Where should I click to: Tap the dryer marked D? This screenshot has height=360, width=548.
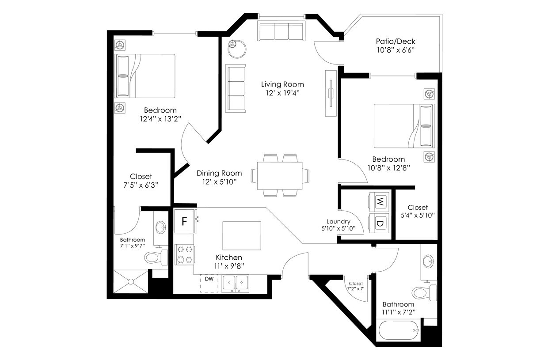[379, 223]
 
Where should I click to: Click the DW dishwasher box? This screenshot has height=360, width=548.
[209, 283]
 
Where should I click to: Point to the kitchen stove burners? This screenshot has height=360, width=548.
[184, 254]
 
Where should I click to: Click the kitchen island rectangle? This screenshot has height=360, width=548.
[241, 236]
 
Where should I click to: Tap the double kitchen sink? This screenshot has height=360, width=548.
[235, 283]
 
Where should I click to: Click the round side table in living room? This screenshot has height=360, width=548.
[238, 48]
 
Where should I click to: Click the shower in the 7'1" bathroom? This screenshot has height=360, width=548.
[131, 281]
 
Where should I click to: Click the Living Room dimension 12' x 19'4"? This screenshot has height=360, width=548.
[282, 93]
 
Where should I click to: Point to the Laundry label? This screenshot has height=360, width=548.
[338, 222]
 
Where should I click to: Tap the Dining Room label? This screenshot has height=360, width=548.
[219, 173]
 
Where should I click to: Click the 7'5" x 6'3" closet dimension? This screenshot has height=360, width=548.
[141, 185]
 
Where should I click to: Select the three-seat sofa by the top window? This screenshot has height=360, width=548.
[281, 32]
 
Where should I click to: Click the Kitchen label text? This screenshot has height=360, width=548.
[228, 258]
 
